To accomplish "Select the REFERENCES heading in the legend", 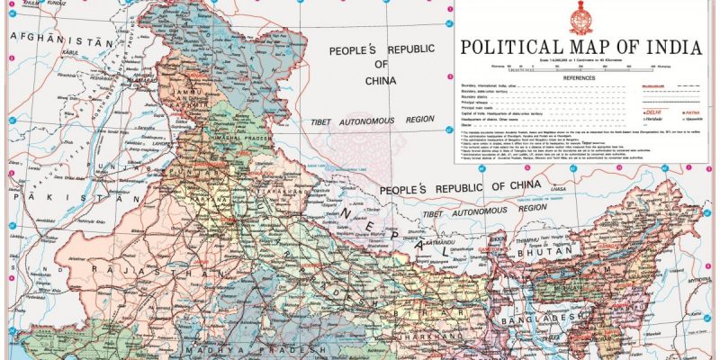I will click(580, 78).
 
